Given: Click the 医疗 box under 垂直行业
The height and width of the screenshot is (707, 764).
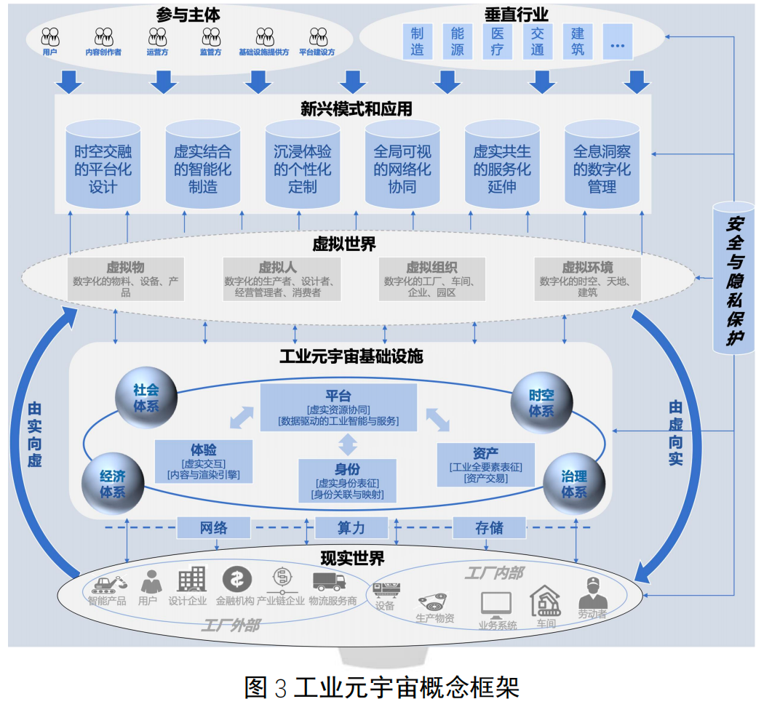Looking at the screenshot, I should click(x=498, y=41).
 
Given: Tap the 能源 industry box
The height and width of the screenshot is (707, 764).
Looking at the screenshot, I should click(x=458, y=41).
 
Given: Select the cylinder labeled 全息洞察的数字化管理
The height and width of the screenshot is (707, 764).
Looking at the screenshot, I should click(x=602, y=165).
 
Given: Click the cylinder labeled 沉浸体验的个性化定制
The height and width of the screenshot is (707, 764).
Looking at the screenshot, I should click(x=303, y=165).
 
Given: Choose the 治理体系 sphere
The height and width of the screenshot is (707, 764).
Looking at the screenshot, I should click(x=574, y=484).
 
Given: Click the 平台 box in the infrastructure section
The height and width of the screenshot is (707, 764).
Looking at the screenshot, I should click(x=338, y=407).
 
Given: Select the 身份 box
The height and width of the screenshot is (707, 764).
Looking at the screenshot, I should click(x=348, y=481).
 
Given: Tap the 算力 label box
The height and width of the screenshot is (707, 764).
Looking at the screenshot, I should click(x=351, y=527).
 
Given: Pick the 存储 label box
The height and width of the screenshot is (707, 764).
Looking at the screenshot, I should click(x=489, y=527).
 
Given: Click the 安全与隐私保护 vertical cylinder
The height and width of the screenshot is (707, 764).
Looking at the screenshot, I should click(x=733, y=276).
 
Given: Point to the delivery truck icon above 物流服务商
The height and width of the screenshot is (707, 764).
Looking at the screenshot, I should click(x=328, y=580).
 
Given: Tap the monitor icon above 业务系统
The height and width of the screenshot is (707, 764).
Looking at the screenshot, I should click(x=496, y=604).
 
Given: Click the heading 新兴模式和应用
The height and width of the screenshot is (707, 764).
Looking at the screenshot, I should click(x=357, y=109).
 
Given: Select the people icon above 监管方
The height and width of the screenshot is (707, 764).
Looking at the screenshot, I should click(x=211, y=36).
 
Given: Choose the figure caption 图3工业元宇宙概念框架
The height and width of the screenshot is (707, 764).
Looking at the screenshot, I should click(x=382, y=687).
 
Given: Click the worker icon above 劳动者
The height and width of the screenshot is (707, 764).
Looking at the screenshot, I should click(x=592, y=593).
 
